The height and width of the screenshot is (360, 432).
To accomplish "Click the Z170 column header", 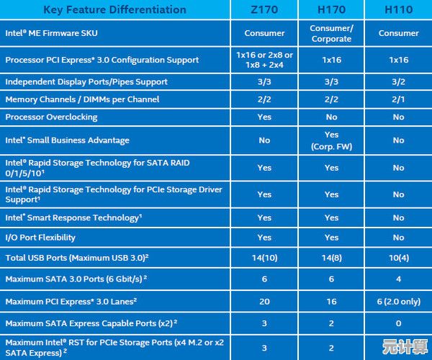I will [264, 10].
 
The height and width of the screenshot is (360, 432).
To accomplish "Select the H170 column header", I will [331, 10].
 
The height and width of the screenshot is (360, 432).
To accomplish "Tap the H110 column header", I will [398, 10].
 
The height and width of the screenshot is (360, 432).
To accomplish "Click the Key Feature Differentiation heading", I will [114, 10].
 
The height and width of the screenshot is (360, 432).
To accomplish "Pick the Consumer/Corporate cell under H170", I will [331, 33].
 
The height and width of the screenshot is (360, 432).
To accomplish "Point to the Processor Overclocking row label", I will [51, 117].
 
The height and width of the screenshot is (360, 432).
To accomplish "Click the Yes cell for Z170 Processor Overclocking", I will [264, 117].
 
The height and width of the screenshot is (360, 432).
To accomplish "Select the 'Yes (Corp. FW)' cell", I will [331, 140].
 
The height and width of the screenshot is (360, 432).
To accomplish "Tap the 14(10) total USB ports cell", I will [264, 257].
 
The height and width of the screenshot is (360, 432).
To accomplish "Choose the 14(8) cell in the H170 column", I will [331, 257].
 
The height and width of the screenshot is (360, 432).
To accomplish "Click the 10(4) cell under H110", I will [398, 257].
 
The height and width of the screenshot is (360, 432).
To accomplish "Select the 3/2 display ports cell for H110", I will [398, 81].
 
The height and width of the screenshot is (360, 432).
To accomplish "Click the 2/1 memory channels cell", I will [398, 99].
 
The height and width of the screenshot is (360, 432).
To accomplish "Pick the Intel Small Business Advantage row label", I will [67, 140].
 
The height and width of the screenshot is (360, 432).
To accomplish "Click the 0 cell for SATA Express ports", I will [398, 323].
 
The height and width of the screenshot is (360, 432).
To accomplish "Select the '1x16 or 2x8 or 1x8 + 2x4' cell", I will [264, 60].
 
